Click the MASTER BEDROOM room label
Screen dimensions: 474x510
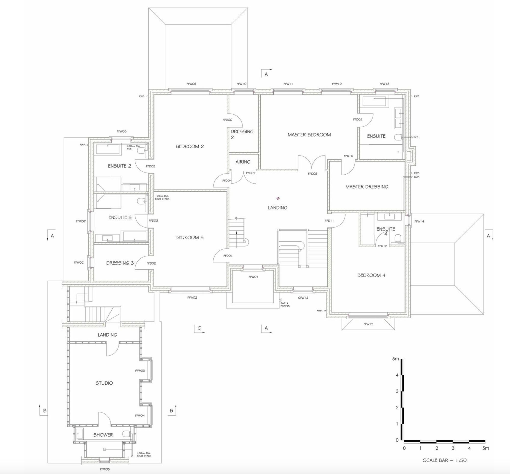[309, 135]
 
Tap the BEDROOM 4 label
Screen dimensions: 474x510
[371, 275]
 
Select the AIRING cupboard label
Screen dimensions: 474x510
[243, 162]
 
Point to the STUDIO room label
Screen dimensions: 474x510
[104, 383]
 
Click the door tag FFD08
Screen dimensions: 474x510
[312, 174]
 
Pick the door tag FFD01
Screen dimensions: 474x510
[227, 256]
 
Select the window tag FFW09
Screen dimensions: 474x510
[191, 84]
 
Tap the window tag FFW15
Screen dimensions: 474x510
[368, 324]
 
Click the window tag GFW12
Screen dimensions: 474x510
[303, 298]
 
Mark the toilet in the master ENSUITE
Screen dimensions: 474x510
[398, 138]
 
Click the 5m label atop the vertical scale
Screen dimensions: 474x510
[396, 359]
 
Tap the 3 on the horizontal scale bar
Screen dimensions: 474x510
[453, 448]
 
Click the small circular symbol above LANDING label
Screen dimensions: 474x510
[278, 198]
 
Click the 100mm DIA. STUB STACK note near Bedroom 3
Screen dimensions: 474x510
[162, 198]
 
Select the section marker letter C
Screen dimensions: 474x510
[199, 328]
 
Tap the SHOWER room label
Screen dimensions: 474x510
[103, 435]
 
